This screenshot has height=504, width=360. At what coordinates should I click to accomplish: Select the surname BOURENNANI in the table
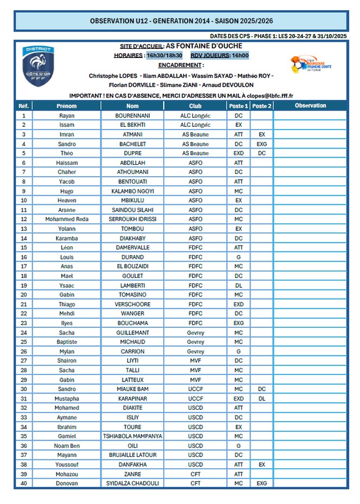click(x=133, y=115)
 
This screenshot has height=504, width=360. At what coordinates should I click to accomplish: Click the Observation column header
click(x=310, y=106)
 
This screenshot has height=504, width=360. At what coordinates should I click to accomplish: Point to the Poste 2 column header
click(x=262, y=106)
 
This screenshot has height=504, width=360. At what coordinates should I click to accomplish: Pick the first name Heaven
click(x=67, y=200)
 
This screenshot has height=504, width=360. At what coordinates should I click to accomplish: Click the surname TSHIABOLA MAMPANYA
click(x=133, y=436)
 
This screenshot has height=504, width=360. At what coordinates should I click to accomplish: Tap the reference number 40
click(x=23, y=483)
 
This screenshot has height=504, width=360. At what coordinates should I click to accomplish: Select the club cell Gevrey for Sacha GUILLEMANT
click(x=196, y=332)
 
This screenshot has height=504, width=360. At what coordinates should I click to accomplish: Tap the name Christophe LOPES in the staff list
click(x=112, y=76)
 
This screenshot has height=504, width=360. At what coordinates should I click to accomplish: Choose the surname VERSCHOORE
click(x=133, y=304)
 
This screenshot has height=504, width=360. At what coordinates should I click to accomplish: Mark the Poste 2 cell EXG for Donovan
click(x=262, y=483)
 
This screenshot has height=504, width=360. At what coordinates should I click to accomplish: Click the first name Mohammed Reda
click(x=67, y=219)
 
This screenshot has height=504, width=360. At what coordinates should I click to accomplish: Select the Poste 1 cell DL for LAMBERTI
click(x=239, y=285)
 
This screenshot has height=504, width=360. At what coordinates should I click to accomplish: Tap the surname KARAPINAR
click(x=133, y=398)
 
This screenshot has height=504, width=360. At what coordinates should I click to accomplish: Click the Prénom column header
click(x=67, y=106)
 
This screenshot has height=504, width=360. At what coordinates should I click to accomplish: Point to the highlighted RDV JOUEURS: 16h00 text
click(x=220, y=55)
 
